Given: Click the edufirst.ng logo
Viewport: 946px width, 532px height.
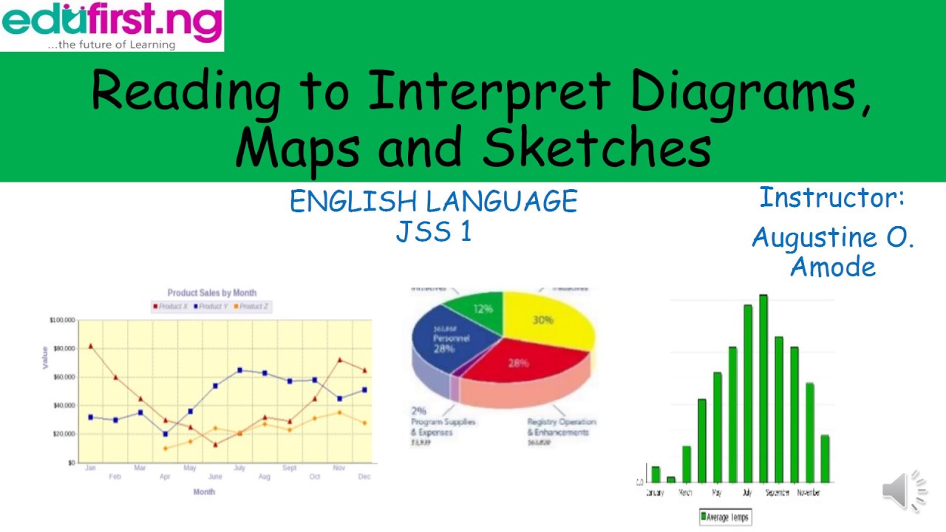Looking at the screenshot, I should [x=112, y=25].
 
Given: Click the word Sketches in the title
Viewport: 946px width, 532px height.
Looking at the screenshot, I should [x=596, y=146].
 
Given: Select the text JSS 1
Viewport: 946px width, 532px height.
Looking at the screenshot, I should [x=433, y=232].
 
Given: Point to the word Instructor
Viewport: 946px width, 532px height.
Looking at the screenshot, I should [x=831, y=198].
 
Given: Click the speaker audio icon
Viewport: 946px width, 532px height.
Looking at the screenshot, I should [x=904, y=490].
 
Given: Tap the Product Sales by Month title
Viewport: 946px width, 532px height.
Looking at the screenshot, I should [x=212, y=293].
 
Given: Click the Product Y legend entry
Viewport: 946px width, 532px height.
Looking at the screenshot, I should [x=212, y=306].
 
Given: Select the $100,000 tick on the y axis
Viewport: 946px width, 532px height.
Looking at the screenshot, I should [x=62, y=320].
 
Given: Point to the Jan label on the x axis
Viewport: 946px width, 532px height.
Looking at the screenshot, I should [x=90, y=468].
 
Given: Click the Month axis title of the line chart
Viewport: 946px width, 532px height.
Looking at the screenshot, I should [x=205, y=492].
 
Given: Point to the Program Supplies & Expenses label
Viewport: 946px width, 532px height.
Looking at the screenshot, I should [x=443, y=426].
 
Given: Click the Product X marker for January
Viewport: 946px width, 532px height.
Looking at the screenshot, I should [x=90, y=346].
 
